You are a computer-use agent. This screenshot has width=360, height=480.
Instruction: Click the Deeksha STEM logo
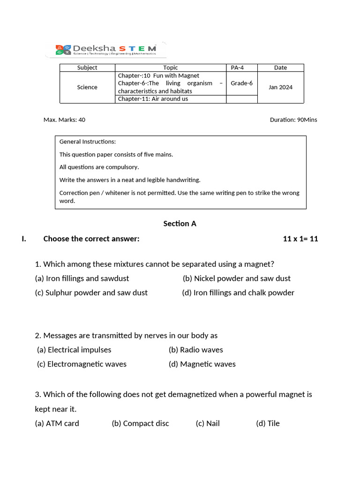(106, 50)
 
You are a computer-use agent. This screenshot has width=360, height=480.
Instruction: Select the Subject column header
(87, 67)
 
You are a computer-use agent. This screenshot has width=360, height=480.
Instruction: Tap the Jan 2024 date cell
(280, 87)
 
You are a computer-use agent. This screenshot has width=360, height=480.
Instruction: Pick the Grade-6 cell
(241, 83)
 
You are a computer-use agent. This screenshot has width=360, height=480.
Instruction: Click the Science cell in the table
(87, 87)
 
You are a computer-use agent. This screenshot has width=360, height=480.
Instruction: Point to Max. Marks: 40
(64, 120)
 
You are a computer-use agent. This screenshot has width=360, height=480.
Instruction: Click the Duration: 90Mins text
(293, 120)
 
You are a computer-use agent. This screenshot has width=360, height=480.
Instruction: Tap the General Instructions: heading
(88, 142)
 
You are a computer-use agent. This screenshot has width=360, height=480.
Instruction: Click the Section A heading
(180, 224)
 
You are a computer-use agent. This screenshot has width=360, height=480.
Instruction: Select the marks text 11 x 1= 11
(300, 239)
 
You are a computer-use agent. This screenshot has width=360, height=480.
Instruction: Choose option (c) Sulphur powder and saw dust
(91, 292)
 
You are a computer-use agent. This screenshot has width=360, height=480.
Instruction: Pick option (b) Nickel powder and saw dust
(237, 278)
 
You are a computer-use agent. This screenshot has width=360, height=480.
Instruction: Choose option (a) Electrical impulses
(74, 350)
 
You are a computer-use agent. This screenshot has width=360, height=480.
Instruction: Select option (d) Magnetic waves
(202, 364)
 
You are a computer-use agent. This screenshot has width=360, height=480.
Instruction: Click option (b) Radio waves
(196, 350)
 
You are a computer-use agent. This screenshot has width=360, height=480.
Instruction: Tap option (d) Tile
(268, 423)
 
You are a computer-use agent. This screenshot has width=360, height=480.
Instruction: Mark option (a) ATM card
(57, 423)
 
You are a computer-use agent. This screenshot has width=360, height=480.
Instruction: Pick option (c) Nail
(208, 423)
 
